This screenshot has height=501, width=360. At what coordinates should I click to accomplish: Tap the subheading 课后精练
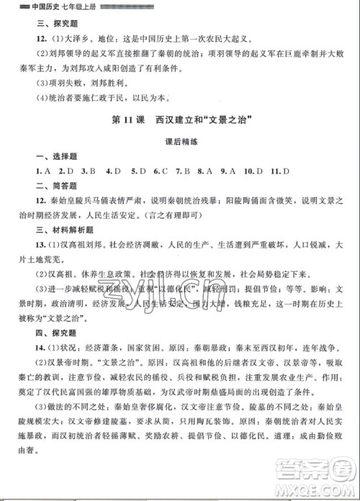click(180, 143)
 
